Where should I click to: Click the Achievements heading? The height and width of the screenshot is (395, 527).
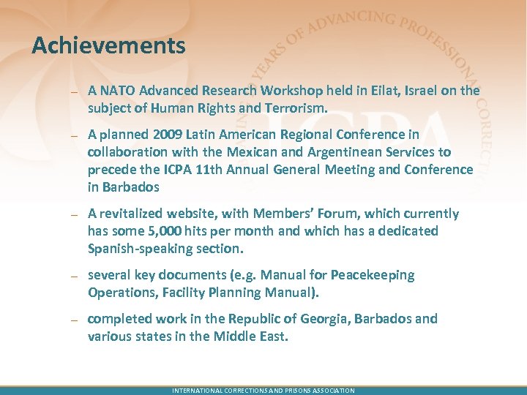pyautogui.click(x=108, y=46)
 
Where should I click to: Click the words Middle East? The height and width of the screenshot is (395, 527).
pyautogui.click(x=258, y=336)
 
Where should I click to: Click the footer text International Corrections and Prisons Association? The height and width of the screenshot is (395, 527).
pyautogui.click(x=263, y=391)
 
